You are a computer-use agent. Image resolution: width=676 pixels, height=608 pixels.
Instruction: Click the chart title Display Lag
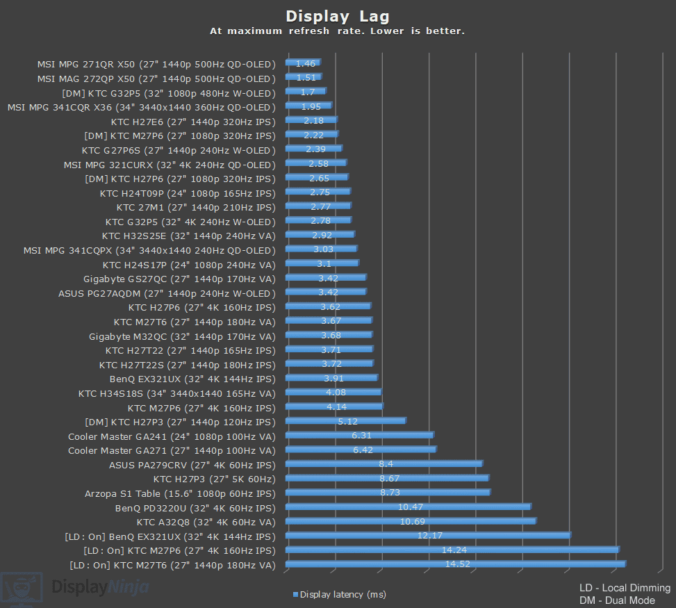pos(338,16)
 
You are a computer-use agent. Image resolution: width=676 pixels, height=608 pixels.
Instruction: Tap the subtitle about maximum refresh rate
pos(338,31)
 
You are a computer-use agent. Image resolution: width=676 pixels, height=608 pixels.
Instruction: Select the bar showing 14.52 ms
pos(455,564)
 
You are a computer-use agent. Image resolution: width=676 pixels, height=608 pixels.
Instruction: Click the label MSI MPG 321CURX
pos(170,165)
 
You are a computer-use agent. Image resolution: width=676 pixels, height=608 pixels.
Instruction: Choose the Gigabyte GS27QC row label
pos(179,279)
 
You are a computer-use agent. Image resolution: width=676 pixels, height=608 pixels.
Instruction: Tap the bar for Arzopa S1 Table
pos(388,492)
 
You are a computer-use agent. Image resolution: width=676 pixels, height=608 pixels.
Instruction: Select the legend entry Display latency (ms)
pos(340,594)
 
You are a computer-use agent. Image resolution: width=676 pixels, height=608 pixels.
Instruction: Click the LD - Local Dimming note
pos(625,588)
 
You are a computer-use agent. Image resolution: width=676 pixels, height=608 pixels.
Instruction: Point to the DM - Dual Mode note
pos(617,600)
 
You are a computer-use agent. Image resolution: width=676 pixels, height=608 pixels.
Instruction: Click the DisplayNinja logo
pos(76,587)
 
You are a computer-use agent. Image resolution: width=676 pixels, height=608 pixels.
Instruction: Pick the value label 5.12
pos(347,421)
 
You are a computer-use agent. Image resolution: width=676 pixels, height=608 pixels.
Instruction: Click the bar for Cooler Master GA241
pos(359,435)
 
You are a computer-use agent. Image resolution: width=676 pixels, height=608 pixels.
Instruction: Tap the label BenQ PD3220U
pos(195,508)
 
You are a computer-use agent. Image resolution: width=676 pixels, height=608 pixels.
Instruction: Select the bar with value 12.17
pos(427,535)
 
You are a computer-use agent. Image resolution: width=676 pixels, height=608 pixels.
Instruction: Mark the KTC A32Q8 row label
pos(206,522)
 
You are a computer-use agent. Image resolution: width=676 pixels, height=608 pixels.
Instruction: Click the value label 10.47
pos(411,507)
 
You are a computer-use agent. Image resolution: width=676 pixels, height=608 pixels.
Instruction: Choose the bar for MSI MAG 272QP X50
pos(304,78)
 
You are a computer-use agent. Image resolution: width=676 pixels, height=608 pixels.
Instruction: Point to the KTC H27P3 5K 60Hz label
pos(214,479)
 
